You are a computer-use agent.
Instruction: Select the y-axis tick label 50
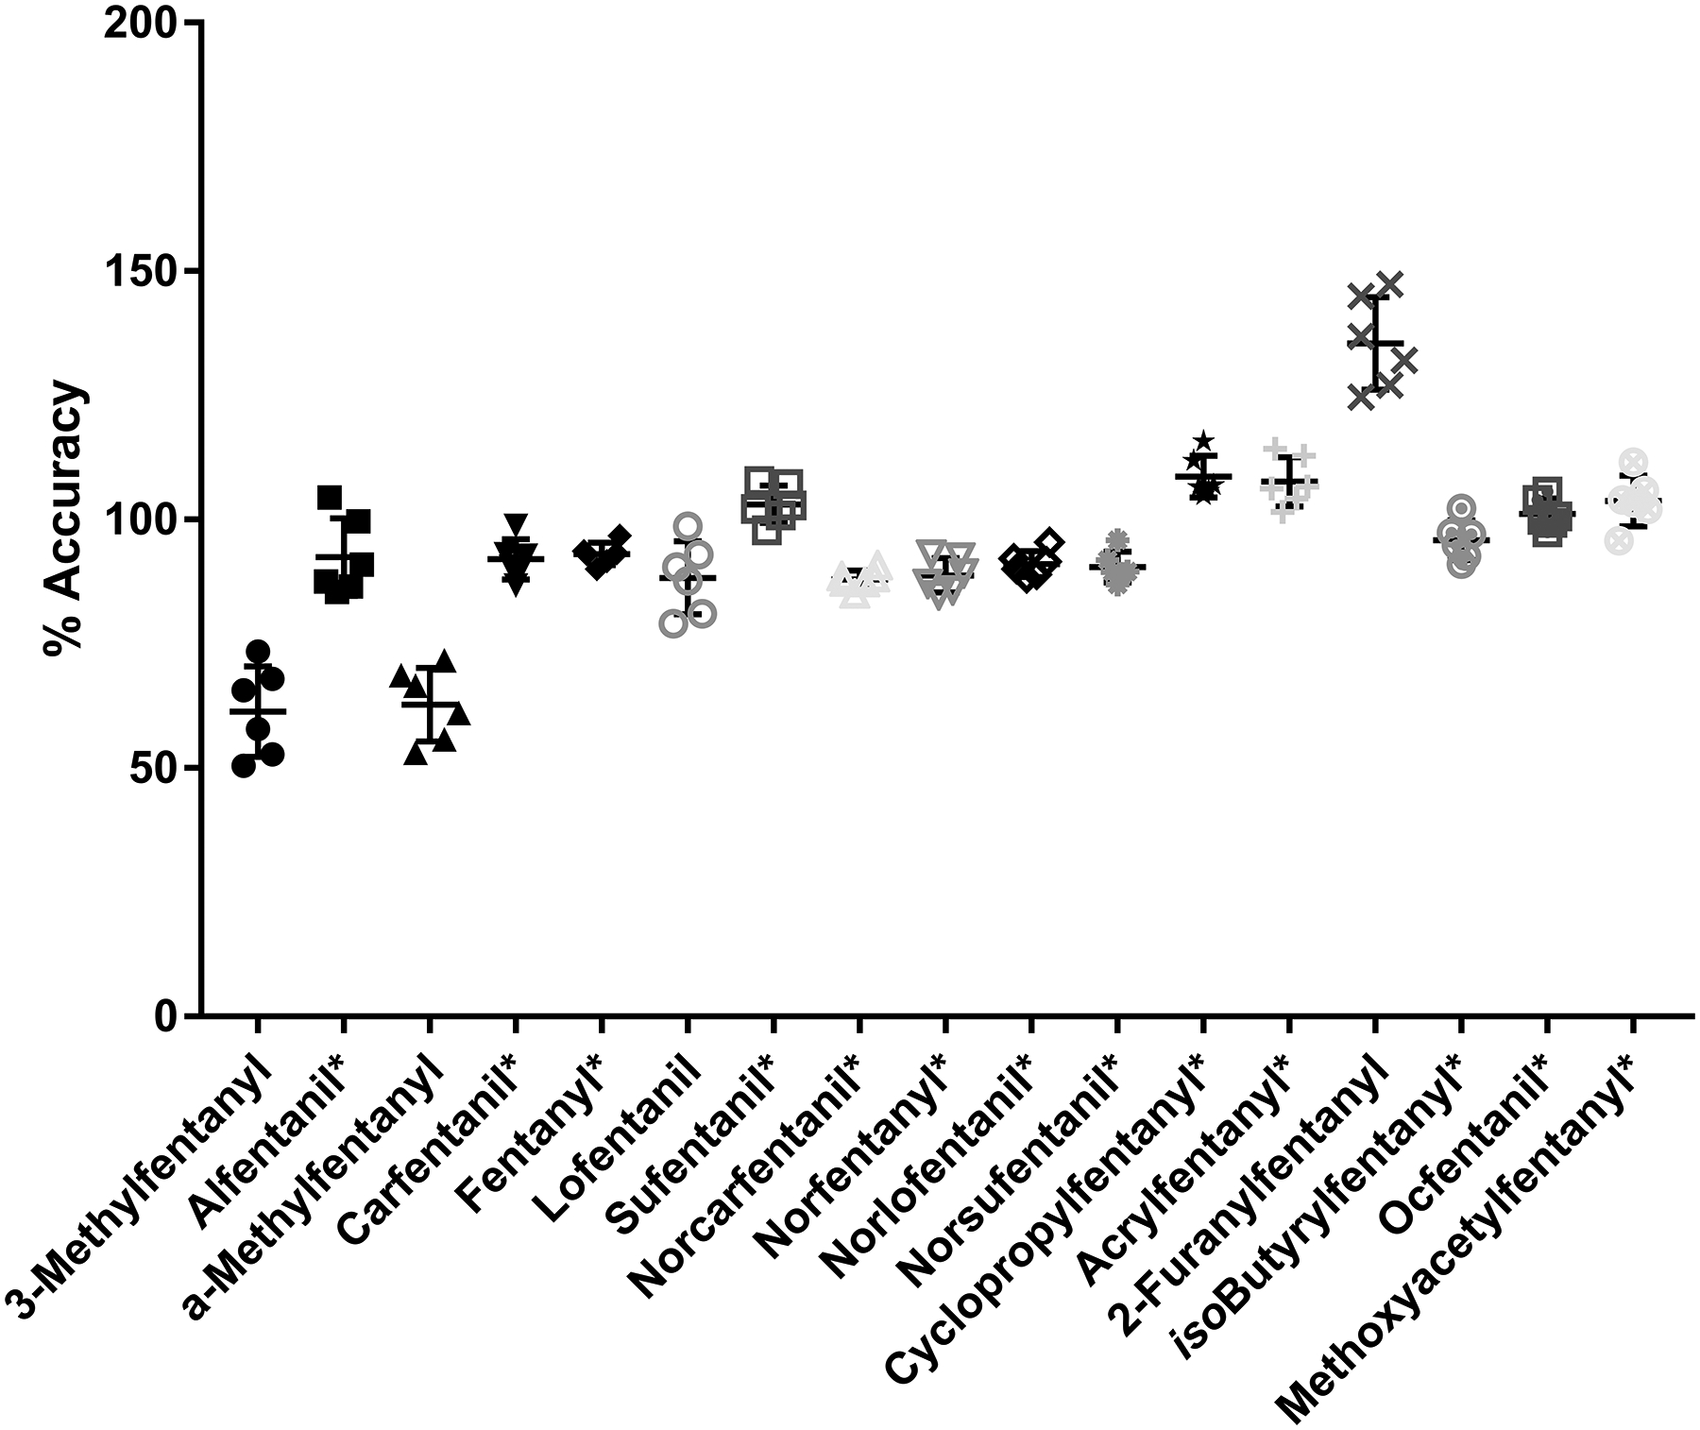tap(151, 768)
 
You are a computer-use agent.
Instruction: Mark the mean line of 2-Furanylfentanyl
tap(1375, 342)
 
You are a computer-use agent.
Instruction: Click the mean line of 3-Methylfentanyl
tap(258, 710)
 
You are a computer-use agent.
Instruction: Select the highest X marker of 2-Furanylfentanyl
tap(1389, 283)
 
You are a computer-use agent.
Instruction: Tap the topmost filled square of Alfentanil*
tap(329, 497)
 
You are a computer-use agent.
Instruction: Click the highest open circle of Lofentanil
tap(688, 526)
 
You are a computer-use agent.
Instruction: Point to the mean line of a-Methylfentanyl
tap(431, 704)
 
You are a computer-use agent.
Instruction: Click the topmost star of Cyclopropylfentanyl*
tap(1203, 441)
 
